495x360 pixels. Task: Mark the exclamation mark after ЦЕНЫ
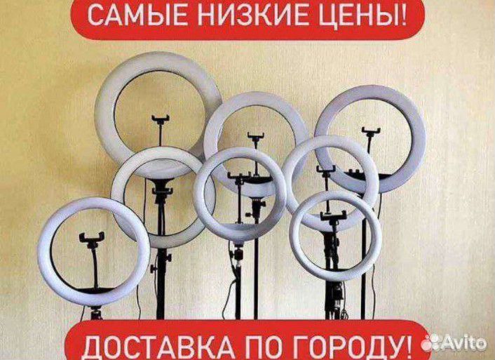402,17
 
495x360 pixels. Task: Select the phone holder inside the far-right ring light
369,133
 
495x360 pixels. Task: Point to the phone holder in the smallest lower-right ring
334,215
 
